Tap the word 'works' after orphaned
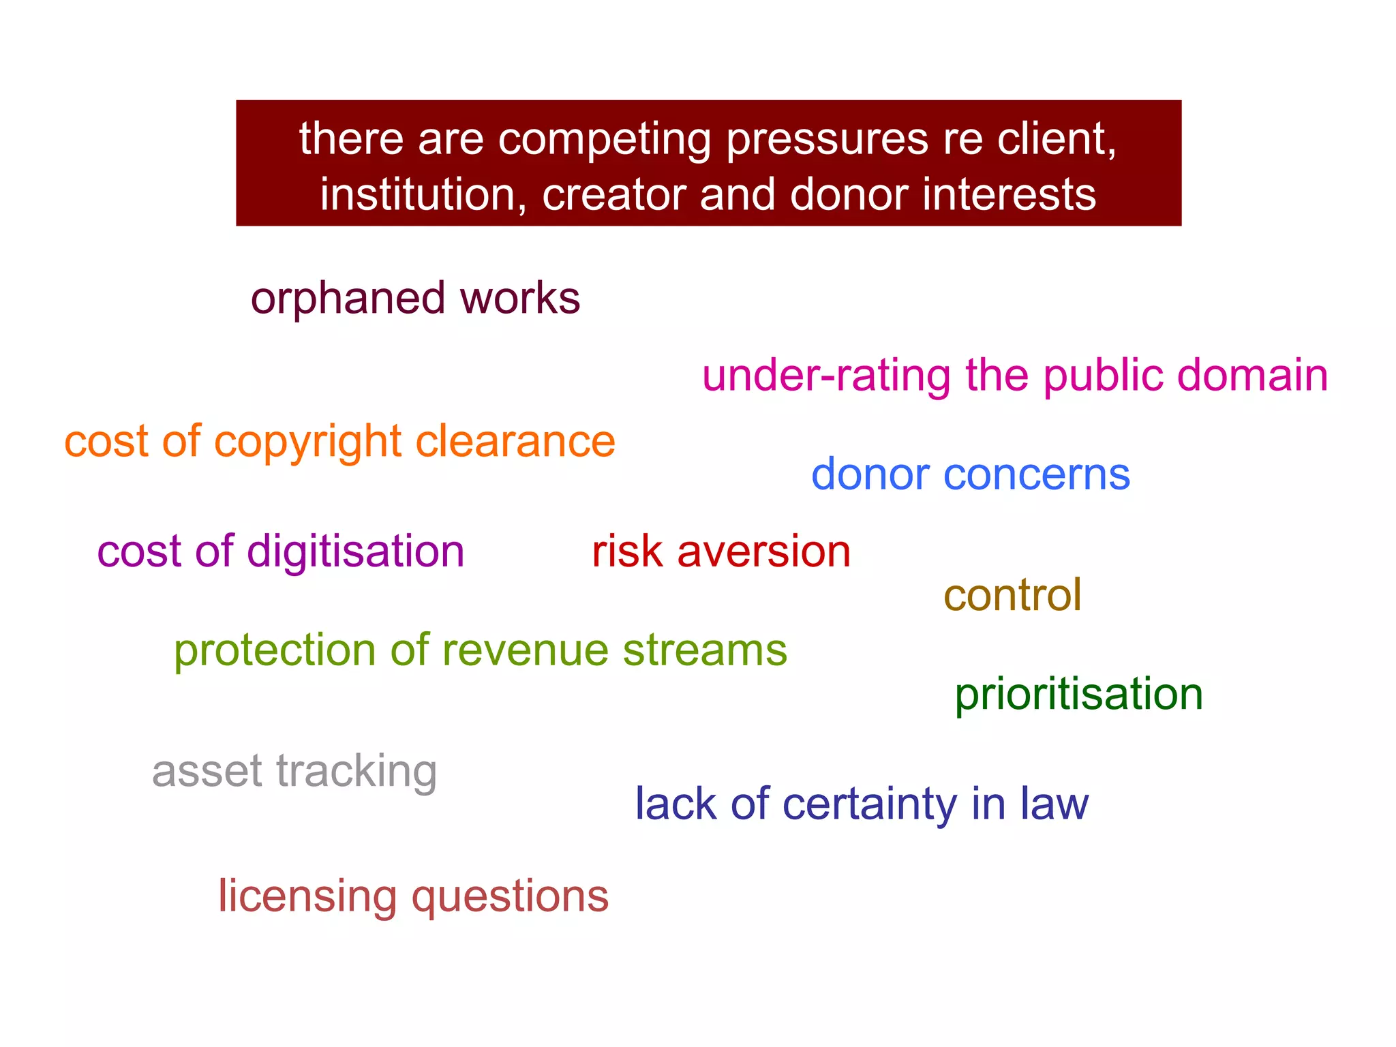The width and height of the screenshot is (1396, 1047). pos(520,299)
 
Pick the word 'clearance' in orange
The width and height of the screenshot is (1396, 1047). pos(515,441)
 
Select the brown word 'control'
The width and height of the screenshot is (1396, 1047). pos(1012,595)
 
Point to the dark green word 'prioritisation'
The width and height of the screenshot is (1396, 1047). pos(1078,694)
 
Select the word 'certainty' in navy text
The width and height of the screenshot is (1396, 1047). pos(870,805)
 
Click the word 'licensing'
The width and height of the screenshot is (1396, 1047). pos(307,897)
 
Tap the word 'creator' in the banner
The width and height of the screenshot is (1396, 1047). pos(614,195)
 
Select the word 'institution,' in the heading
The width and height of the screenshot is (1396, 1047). pos(423,195)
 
